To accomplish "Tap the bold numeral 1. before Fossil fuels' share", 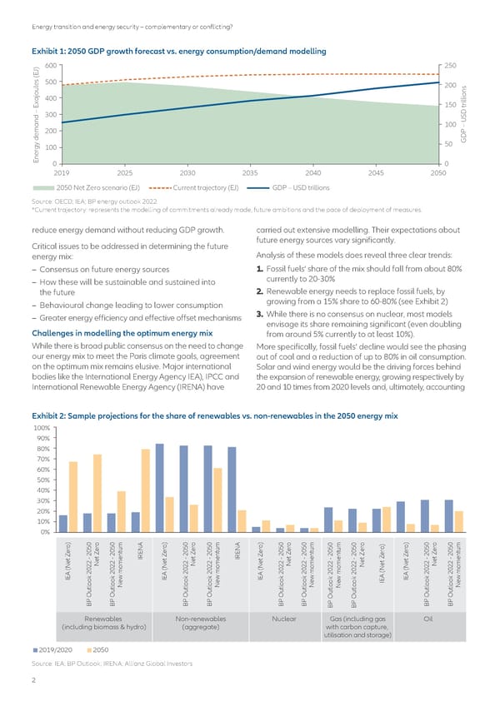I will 261,267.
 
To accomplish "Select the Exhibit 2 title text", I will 215,414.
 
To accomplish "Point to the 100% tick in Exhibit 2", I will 40,428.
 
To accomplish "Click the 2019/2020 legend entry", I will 57,649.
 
